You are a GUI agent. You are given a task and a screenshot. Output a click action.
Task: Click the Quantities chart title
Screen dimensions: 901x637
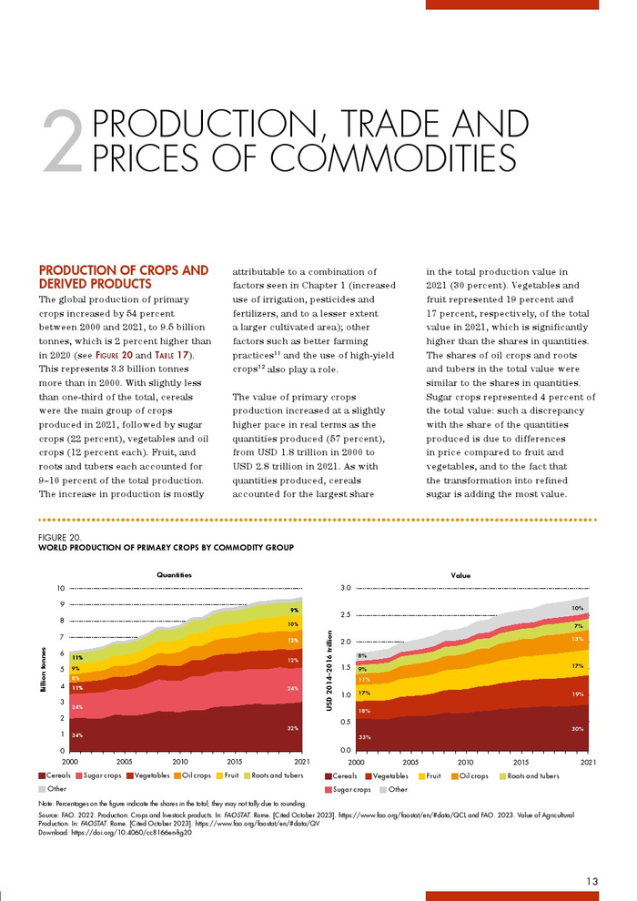174,575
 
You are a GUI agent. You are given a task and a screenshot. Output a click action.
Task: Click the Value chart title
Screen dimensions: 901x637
460,575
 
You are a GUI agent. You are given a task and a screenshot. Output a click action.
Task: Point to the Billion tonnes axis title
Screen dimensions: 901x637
43,669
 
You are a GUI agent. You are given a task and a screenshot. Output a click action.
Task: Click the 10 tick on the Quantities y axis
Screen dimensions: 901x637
59,588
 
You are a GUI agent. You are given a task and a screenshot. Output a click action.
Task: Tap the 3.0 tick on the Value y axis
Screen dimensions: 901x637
345,588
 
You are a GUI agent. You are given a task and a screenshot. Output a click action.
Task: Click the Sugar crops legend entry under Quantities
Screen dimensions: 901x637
104,776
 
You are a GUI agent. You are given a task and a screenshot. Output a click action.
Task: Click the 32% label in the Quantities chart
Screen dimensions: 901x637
293,728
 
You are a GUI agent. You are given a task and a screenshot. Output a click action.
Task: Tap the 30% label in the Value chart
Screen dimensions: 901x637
577,728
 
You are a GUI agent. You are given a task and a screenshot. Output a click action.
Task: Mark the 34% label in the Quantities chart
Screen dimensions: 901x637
77,733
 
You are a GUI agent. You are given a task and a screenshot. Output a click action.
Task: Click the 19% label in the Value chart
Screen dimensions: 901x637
577,694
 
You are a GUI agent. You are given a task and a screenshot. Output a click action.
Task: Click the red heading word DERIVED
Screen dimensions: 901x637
69,285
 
